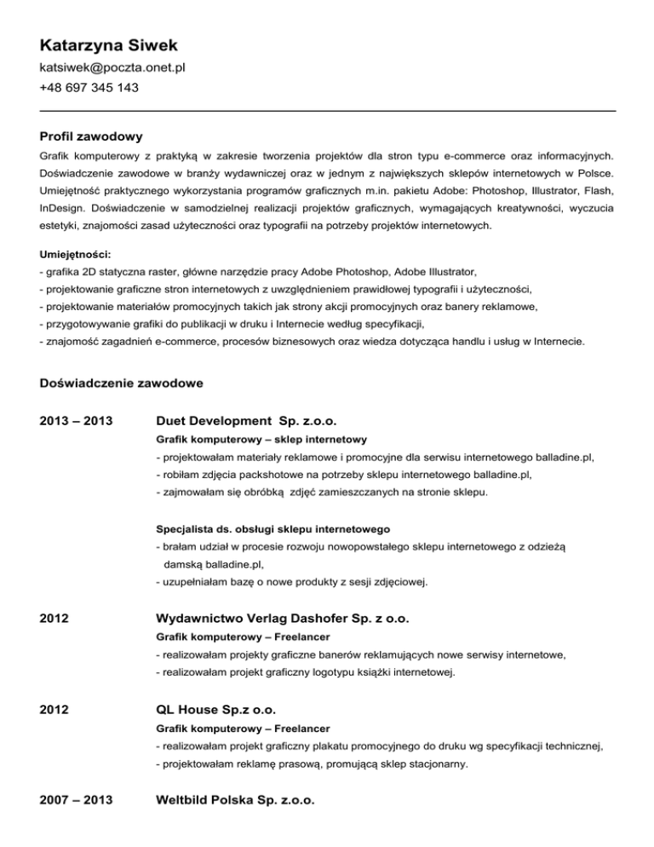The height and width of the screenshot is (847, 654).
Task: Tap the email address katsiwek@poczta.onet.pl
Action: (112, 66)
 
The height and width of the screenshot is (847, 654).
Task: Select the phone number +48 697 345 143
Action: (89, 88)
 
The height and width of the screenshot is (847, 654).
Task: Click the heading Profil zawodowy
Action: (90, 136)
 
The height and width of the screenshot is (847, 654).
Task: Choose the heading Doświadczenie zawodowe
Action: (121, 383)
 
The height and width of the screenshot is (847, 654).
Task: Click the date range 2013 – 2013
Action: (77, 421)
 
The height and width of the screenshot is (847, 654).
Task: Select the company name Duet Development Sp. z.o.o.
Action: (247, 421)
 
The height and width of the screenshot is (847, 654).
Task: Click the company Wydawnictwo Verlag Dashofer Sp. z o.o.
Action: (290, 617)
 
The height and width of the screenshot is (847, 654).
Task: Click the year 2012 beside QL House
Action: (54, 709)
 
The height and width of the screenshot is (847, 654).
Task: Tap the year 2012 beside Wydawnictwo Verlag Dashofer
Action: (54, 617)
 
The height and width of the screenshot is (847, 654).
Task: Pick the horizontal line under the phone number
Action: (327, 110)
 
